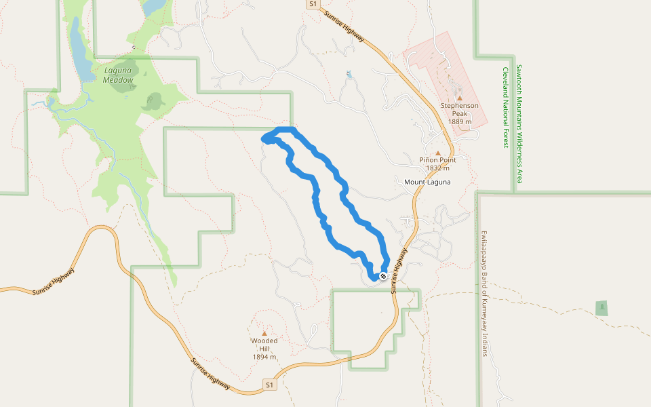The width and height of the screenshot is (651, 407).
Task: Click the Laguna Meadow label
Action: pyautogui.click(x=119, y=75)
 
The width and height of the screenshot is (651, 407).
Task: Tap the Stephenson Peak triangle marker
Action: pyautogui.click(x=459, y=98)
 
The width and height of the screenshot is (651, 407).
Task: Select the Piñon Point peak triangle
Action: pyautogui.click(x=437, y=153)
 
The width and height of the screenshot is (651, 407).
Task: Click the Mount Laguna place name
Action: pyautogui.click(x=427, y=182)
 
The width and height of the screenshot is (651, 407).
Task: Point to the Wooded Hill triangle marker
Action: pyautogui.click(x=264, y=333)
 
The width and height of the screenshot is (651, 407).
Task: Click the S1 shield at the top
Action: pyautogui.click(x=312, y=4)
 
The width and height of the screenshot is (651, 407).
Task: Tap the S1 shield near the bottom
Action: pyautogui.click(x=270, y=385)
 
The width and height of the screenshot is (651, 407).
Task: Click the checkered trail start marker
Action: pyautogui.click(x=383, y=276)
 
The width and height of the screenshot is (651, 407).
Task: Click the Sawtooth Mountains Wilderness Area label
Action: pyautogui.click(x=519, y=124)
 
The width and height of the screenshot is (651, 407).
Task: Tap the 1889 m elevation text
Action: pyautogui.click(x=460, y=122)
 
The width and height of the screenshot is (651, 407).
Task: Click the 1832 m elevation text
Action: pyautogui.click(x=437, y=168)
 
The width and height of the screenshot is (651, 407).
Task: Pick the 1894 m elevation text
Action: pyautogui.click(x=264, y=357)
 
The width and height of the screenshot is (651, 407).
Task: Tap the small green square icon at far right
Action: pyautogui.click(x=601, y=308)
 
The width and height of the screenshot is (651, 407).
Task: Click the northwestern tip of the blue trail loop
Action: pyautogui.click(x=264, y=139)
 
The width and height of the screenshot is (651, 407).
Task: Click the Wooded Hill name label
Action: pyautogui.click(x=264, y=345)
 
